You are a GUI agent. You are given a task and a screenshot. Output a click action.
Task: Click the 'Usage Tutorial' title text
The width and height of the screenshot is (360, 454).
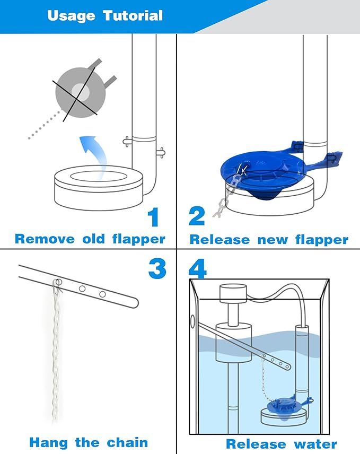point(104,16)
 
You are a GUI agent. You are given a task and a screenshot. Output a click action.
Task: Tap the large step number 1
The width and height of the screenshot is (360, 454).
point(153,218)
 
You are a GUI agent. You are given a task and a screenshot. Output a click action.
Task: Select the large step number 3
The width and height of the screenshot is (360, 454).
point(157,268)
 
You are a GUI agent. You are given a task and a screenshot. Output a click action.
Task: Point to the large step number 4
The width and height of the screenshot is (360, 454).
point(197,268)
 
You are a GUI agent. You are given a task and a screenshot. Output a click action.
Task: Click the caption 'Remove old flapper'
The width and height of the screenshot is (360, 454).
point(90,239)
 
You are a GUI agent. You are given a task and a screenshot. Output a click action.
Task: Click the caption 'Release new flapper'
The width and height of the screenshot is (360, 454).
point(269,239)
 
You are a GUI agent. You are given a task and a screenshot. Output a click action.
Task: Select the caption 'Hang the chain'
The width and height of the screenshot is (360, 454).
point(89,442)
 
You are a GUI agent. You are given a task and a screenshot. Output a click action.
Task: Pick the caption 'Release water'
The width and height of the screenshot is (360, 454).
point(281,443)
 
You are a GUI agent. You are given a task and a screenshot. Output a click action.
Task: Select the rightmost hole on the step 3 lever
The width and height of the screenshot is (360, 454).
point(102,294)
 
